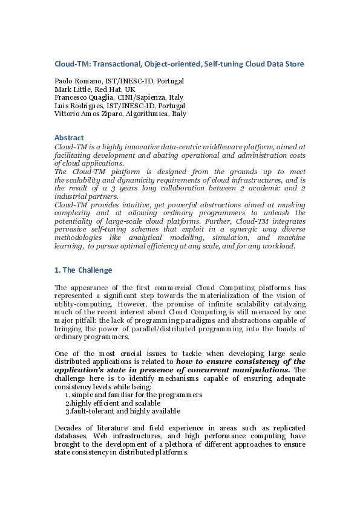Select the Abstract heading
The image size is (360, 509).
[x=69, y=137]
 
